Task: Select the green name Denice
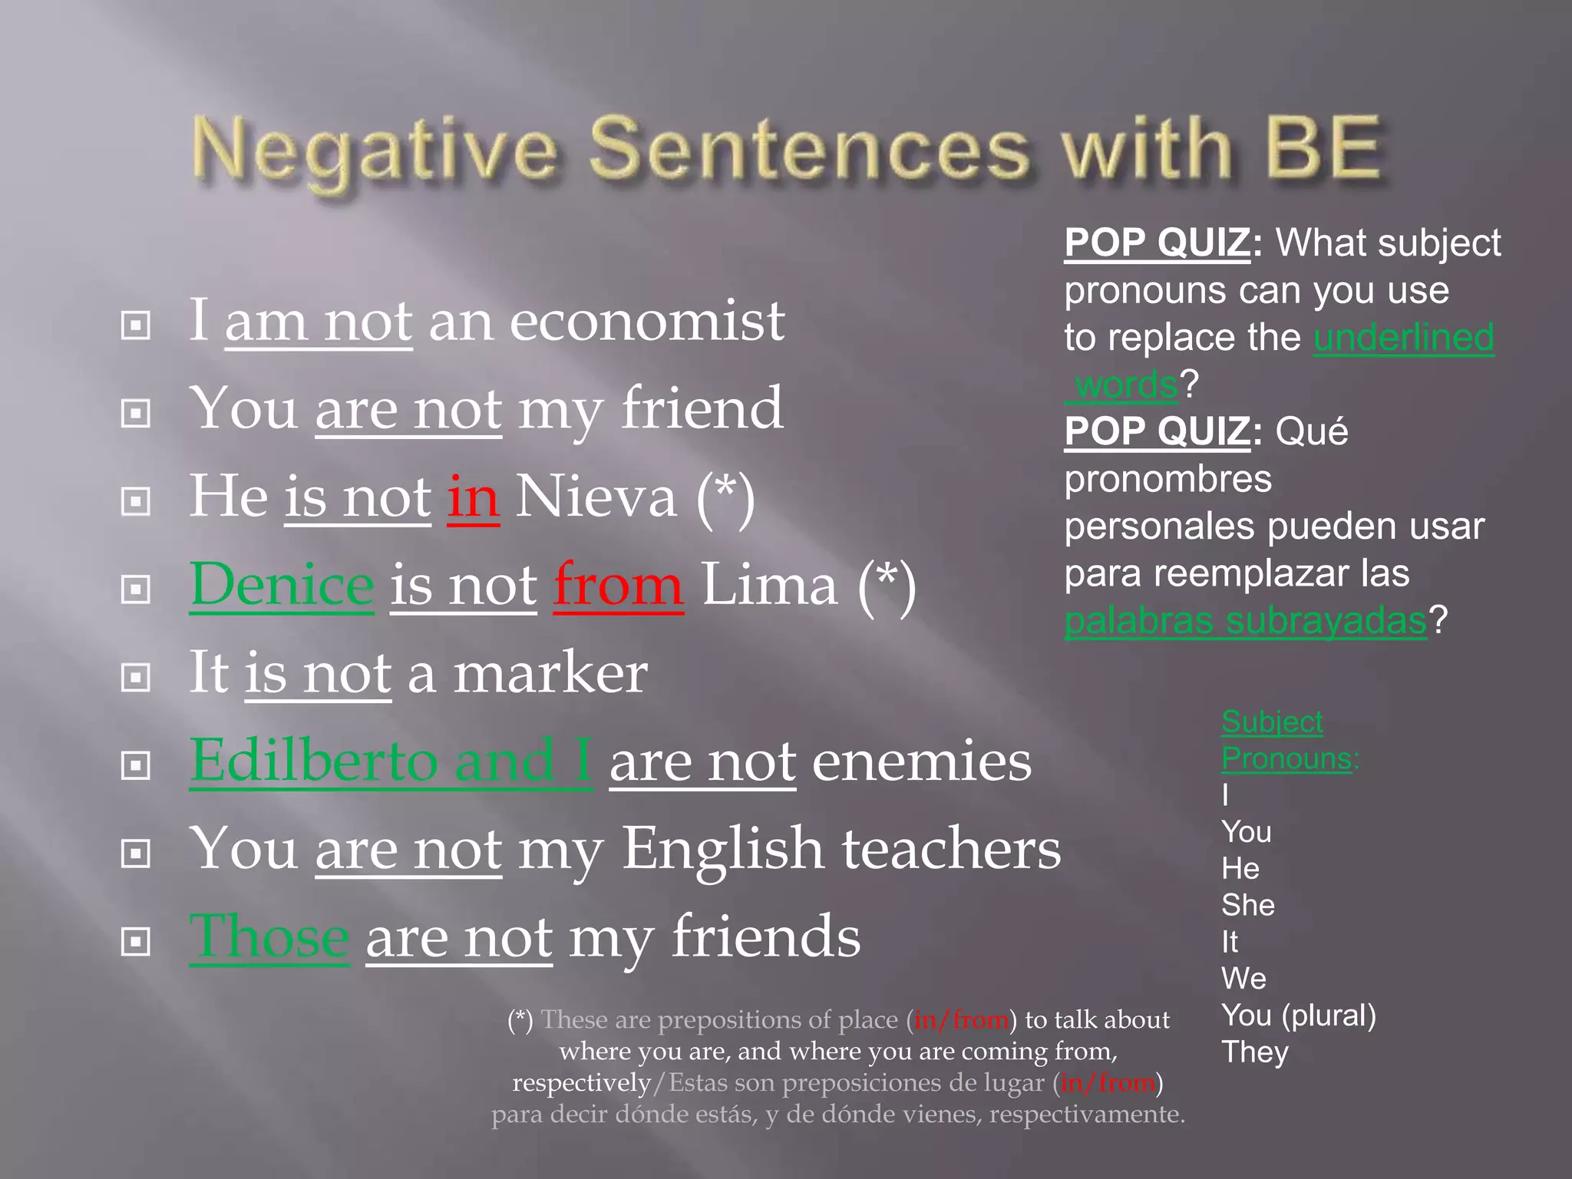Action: [282, 585]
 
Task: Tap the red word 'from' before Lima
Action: [618, 585]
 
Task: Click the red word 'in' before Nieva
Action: [474, 497]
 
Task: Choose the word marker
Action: [550, 673]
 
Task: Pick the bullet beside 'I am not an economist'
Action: [136, 325]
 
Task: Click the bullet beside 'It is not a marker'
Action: [136, 677]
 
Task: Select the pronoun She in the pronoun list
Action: [1247, 905]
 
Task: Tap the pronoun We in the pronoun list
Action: [1243, 979]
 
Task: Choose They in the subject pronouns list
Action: [1254, 1052]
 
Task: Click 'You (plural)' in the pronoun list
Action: [1298, 1016]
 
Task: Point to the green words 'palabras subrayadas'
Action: [1245, 620]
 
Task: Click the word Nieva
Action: [596, 497]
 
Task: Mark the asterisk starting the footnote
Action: [520, 1019]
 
